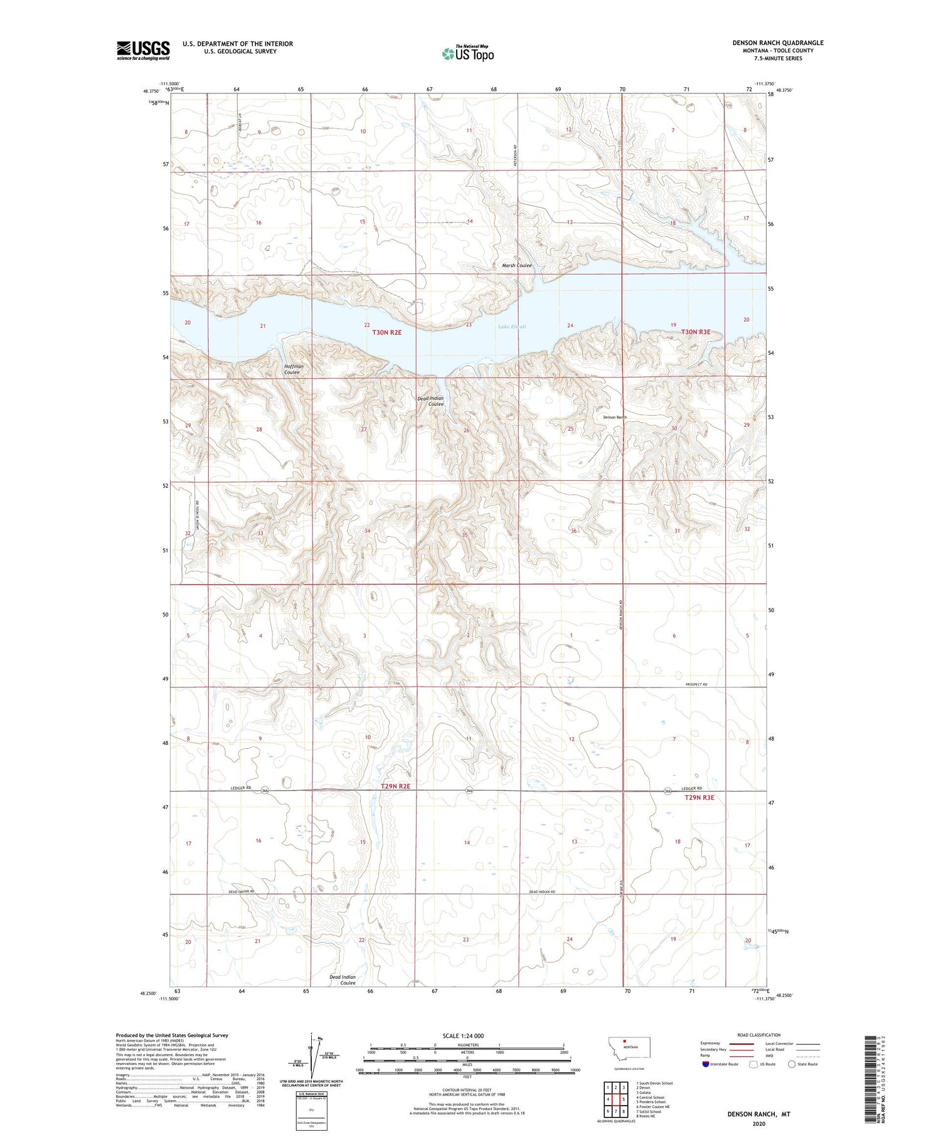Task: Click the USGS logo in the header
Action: (143, 50)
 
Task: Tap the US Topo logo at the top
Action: (468, 54)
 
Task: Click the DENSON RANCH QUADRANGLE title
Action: (778, 43)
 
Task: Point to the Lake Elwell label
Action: (512, 327)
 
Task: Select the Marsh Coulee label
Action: (516, 265)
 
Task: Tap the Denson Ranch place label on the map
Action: (615, 417)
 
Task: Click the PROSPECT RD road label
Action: (696, 684)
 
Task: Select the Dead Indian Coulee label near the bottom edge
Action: (343, 980)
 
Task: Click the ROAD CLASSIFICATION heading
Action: (759, 1035)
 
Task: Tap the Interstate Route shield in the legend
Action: (705, 1064)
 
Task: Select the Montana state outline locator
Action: (630, 1047)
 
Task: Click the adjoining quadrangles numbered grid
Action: (615, 1099)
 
